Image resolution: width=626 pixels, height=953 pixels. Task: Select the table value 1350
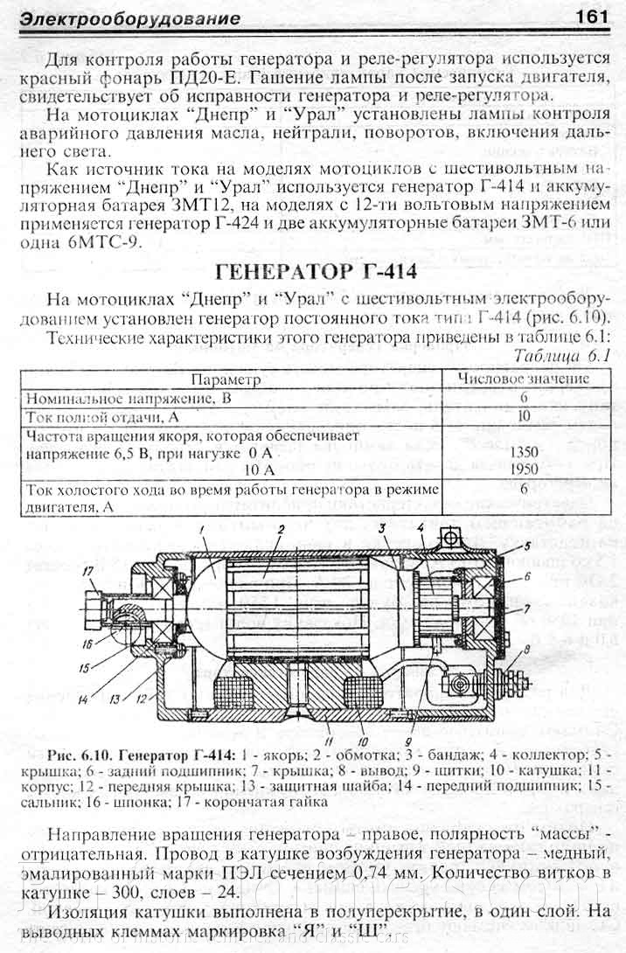[524, 452]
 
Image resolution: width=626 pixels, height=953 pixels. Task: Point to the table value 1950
[524, 470]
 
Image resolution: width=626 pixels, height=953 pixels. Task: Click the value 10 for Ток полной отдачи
[524, 416]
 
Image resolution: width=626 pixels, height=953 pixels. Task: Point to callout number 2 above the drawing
[282, 530]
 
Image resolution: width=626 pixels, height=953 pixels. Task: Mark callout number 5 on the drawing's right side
[527, 546]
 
